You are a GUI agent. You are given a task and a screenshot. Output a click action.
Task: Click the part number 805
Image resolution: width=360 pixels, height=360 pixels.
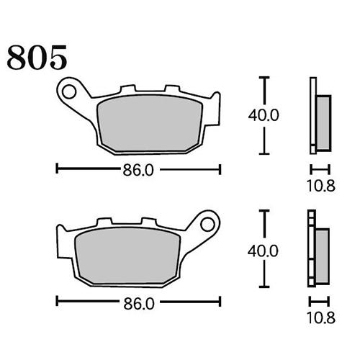(x=37, y=57)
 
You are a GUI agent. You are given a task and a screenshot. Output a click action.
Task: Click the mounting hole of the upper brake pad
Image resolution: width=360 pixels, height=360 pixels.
(x=69, y=91)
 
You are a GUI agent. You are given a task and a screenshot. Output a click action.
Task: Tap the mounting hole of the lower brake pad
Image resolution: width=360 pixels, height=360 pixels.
(x=207, y=222)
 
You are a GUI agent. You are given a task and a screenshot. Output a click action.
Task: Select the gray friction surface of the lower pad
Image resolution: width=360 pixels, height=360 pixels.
(x=130, y=253)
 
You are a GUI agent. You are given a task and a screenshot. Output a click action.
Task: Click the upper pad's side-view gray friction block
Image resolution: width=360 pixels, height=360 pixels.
(x=323, y=122)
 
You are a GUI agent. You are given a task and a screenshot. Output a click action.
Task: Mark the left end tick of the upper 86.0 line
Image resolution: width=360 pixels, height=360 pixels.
(x=57, y=170)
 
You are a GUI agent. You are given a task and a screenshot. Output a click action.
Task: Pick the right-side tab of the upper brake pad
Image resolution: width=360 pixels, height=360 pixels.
(x=214, y=100)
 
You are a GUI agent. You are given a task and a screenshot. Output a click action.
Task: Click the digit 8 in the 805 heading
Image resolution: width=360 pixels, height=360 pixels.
(x=18, y=57)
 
